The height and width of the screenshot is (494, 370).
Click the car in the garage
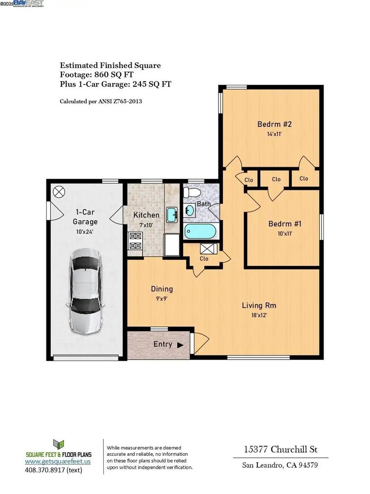click(x=86, y=290)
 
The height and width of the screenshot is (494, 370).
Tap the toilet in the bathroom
click(x=192, y=192)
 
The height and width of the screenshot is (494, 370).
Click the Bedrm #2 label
click(x=275, y=124)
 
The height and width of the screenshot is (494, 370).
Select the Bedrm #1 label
click(x=285, y=224)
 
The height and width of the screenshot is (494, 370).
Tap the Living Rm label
click(x=259, y=305)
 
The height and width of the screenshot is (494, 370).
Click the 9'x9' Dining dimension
click(x=162, y=299)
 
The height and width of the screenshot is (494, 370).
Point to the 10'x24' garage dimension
click(x=85, y=231)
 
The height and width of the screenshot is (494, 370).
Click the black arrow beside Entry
click(x=180, y=345)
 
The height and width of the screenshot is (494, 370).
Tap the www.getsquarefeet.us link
click(x=58, y=461)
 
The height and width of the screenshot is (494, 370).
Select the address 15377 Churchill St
click(x=281, y=449)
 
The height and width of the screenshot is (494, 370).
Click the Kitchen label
click(x=146, y=215)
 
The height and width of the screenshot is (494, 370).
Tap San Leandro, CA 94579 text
click(x=281, y=466)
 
